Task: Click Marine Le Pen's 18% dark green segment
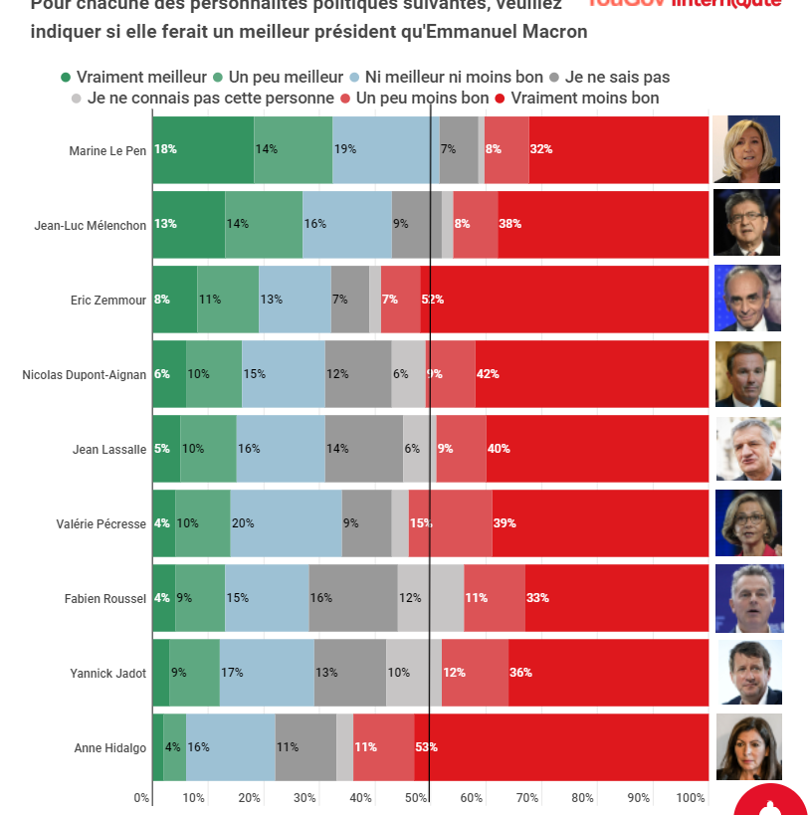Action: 203,149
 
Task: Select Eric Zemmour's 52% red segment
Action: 564,299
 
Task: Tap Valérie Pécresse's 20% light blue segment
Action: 286,523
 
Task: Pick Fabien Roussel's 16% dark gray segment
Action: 352,598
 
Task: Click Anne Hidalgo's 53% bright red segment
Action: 561,747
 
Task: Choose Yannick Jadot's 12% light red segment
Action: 475,673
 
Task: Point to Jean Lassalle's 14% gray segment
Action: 363,449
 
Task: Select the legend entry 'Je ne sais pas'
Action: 617,77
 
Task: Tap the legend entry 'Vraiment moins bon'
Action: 585,98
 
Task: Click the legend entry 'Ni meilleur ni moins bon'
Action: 454,77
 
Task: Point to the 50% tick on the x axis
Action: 417,797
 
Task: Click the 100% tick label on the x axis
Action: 691,797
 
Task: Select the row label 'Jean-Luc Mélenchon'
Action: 90,225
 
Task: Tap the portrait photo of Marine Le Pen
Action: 746,149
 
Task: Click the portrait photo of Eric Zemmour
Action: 747,299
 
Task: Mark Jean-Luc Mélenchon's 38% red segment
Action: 603,224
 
